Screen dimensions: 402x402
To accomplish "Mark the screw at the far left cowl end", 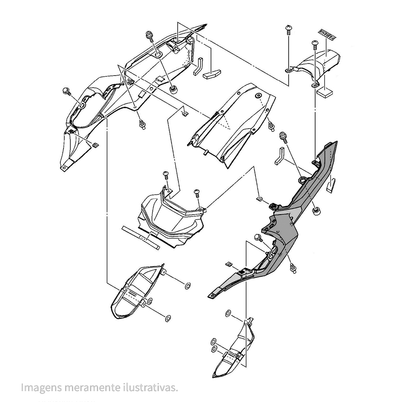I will (x=67, y=92).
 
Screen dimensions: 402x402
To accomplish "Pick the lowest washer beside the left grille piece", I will (x=168, y=319).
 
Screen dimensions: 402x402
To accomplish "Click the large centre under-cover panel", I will (x=233, y=125).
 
